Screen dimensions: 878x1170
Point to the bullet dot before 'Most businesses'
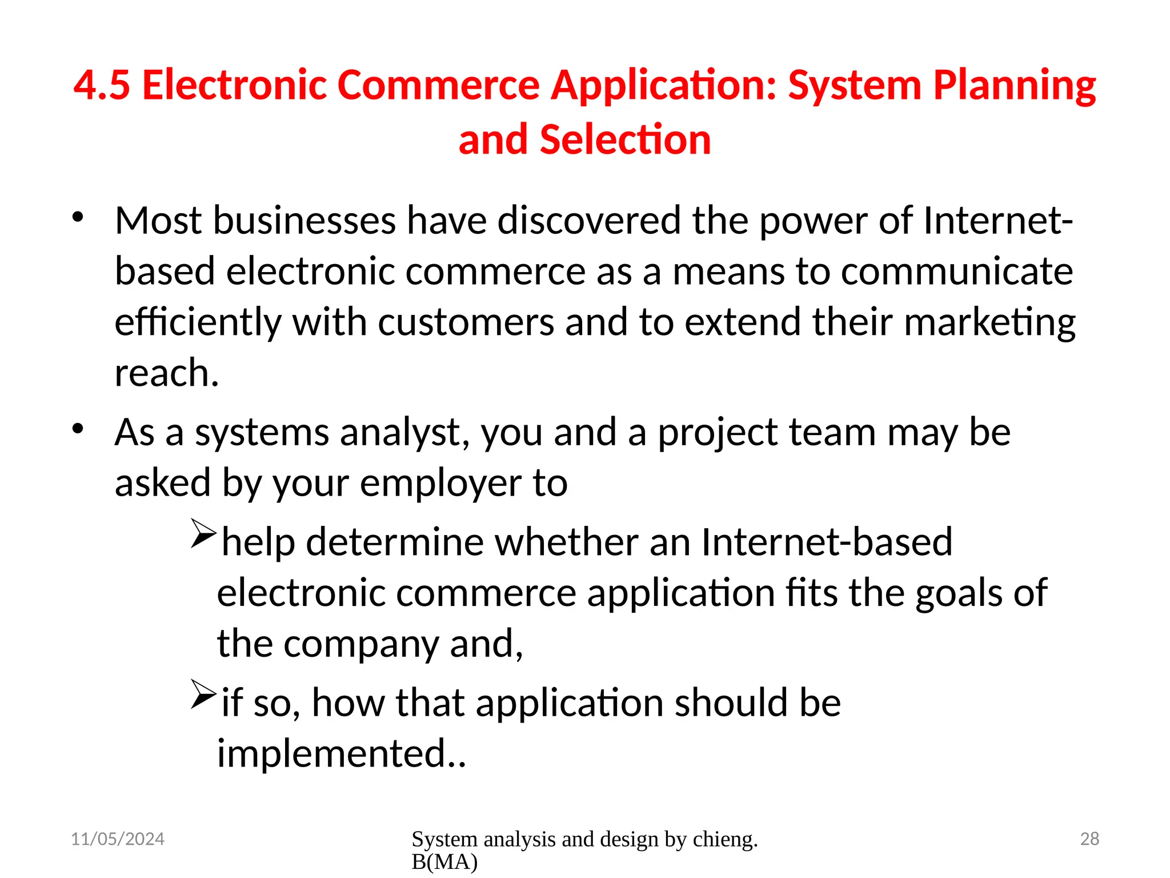pos(78,217)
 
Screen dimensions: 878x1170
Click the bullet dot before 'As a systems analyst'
pos(78,428)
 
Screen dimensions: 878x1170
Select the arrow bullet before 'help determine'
pos(203,534)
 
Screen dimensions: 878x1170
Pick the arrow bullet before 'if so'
pos(203,695)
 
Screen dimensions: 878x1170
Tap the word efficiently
pos(198,322)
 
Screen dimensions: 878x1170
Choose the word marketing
pos(989,322)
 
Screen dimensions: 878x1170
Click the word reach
pos(166,373)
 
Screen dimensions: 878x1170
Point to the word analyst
pos(405,433)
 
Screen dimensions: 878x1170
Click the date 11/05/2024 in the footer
pos(118,839)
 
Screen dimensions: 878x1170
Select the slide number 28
pos(1089,839)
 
